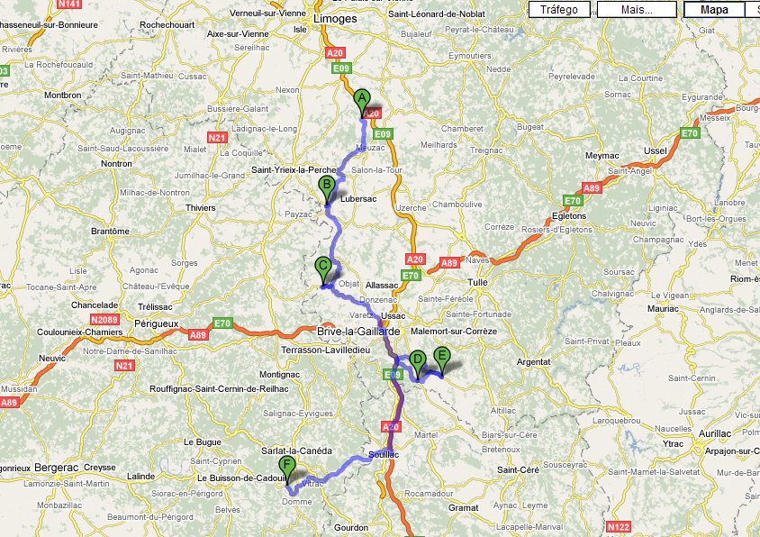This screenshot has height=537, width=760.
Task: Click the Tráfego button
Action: click(558, 10)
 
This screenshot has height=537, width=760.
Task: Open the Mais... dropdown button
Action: click(636, 10)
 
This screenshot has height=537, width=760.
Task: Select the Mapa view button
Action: click(714, 10)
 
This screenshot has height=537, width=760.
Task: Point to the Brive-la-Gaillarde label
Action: click(357, 332)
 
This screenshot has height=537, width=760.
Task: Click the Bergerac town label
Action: click(58, 469)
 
